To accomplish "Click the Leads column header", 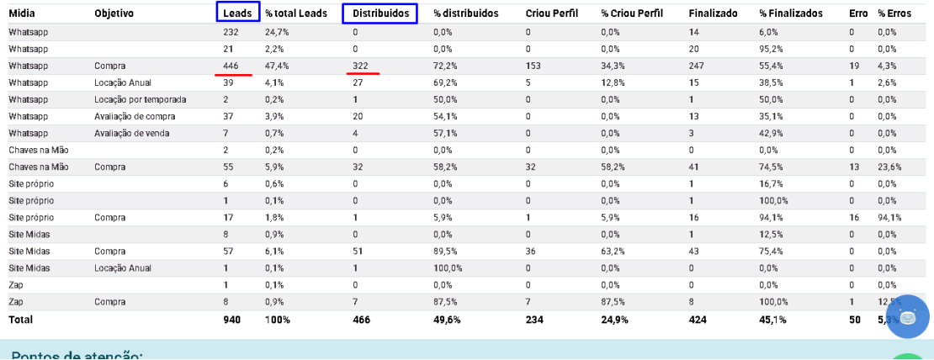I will pyautogui.click(x=237, y=13).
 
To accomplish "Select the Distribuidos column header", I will pyautogui.click(x=380, y=13).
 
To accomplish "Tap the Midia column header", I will pyautogui.click(x=21, y=13).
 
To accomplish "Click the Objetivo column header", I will pyautogui.click(x=114, y=13).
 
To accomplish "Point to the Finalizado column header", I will pyautogui.click(x=713, y=13).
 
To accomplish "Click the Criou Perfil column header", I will pyautogui.click(x=550, y=13).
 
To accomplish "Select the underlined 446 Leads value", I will pyautogui.click(x=231, y=66).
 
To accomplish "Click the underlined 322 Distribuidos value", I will pyautogui.click(x=361, y=66).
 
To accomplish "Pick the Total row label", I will pyautogui.click(x=21, y=320).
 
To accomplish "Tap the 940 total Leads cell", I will pyautogui.click(x=231, y=320).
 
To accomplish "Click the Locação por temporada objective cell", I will pyautogui.click(x=141, y=99).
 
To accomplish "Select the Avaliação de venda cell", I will pyautogui.click(x=132, y=133).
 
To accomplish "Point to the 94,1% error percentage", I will pyautogui.click(x=889, y=217).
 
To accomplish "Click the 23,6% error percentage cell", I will pyautogui.click(x=889, y=167).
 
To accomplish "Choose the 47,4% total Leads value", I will pyautogui.click(x=278, y=66).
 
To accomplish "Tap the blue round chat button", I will pyautogui.click(x=907, y=318).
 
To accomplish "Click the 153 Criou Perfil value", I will pyautogui.click(x=533, y=66).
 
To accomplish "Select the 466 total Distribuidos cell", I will pyautogui.click(x=361, y=320).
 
